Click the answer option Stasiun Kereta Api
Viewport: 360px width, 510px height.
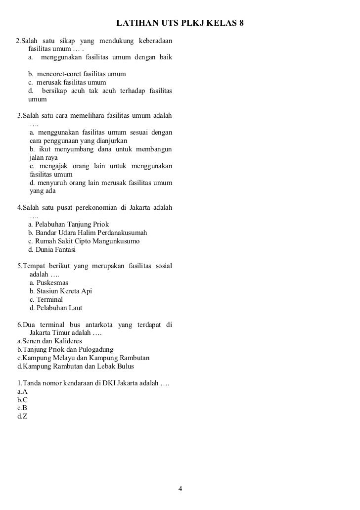(x=61, y=291)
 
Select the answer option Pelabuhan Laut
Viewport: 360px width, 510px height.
(x=56, y=308)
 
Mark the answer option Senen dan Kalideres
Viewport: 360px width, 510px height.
(x=49, y=341)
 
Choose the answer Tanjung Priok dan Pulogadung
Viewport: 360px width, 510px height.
(x=65, y=350)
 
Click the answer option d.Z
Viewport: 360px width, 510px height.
(x=22, y=417)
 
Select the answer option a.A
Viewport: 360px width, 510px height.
(x=22, y=391)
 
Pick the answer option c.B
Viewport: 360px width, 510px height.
(x=22, y=408)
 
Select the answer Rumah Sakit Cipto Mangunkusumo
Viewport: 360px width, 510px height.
(x=84, y=241)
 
